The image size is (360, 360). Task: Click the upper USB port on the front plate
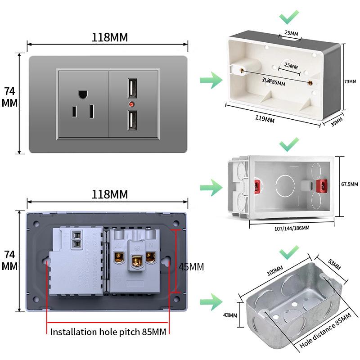(x=133, y=88)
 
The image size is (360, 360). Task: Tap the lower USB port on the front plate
(x=133, y=120)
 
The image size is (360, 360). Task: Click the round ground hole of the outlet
(x=82, y=94)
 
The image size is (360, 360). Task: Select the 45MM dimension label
(x=191, y=266)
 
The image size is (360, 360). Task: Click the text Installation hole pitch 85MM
(x=108, y=332)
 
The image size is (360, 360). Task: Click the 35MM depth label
(x=337, y=122)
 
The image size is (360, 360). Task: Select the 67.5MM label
(x=349, y=184)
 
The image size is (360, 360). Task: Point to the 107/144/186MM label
(x=292, y=228)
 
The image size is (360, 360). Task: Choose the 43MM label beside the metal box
(x=229, y=315)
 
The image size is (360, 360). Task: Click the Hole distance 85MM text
(x=325, y=333)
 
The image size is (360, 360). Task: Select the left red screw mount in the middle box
(x=258, y=185)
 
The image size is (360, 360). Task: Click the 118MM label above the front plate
(x=110, y=37)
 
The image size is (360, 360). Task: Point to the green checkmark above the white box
(x=288, y=18)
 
